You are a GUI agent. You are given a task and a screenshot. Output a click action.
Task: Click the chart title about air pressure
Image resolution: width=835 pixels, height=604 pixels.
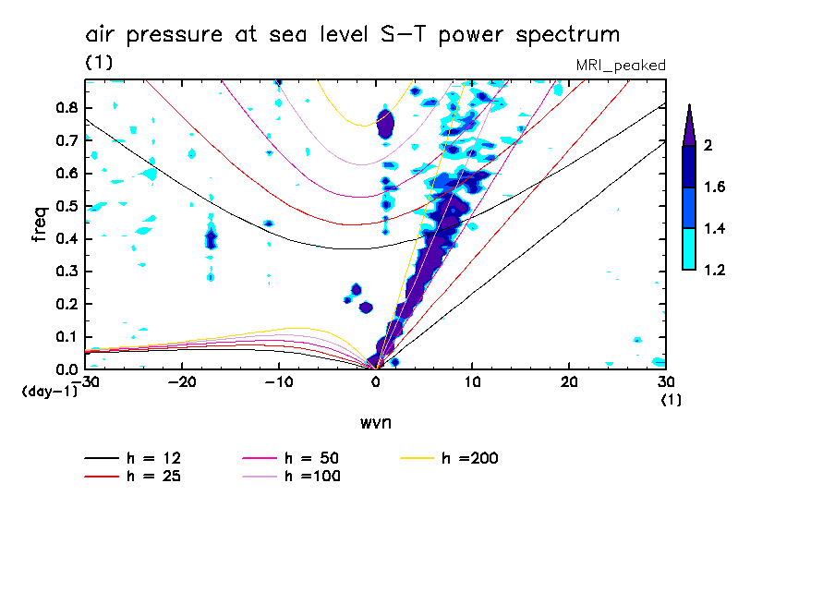click(352, 35)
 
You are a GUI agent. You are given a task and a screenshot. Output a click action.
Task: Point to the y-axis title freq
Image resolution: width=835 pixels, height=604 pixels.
click(39, 223)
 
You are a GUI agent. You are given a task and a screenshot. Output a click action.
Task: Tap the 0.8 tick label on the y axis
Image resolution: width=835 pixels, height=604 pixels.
click(65, 107)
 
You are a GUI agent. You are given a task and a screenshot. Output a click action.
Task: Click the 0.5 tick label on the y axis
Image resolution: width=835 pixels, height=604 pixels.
click(65, 206)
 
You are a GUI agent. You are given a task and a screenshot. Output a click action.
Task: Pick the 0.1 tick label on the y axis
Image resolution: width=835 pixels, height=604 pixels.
click(65, 337)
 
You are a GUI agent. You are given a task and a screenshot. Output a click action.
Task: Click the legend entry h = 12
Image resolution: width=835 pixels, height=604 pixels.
click(136, 458)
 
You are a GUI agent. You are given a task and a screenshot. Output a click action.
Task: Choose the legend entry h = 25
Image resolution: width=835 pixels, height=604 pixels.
click(136, 476)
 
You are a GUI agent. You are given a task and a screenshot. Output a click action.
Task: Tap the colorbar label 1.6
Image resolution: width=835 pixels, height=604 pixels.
click(716, 187)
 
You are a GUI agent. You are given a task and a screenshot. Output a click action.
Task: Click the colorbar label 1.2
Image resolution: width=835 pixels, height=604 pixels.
click(716, 271)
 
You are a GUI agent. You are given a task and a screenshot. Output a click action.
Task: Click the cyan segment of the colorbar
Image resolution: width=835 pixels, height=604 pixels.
click(689, 249)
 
